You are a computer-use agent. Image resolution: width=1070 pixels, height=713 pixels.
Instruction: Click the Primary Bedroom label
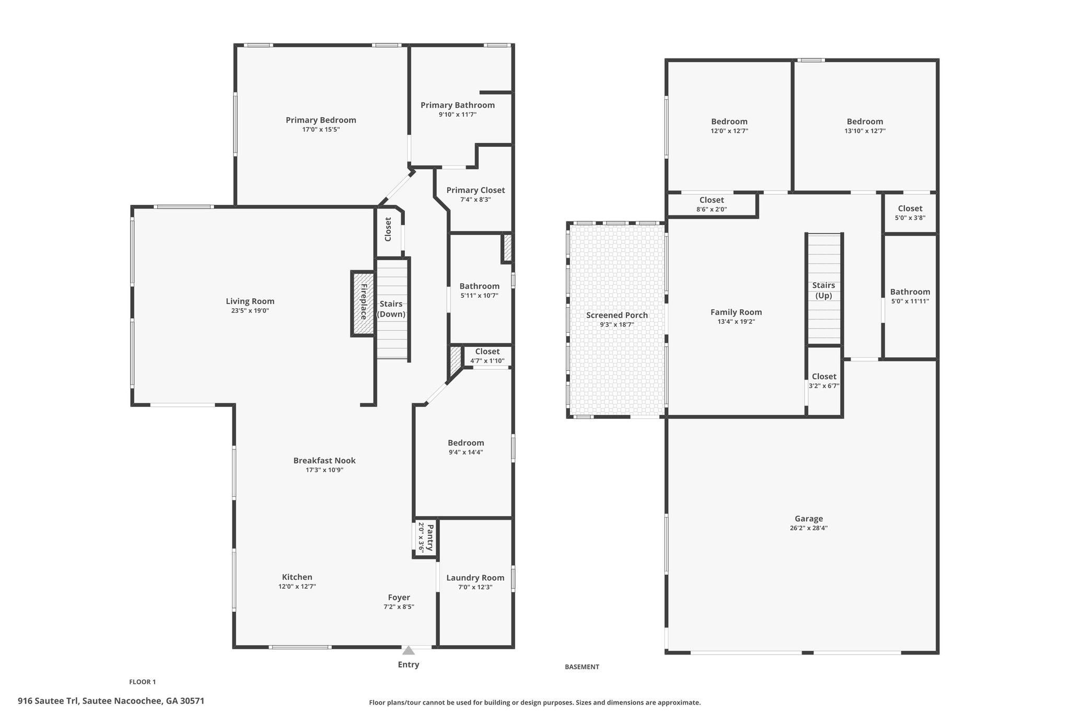point(321,120)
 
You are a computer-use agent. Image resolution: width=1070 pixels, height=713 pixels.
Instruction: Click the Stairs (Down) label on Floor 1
point(391,309)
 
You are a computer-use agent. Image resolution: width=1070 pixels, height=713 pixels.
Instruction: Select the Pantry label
point(430,538)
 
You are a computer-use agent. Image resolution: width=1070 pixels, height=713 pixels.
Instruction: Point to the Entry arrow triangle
point(409,650)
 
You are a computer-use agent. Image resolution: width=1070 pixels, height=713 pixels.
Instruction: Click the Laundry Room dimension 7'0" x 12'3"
point(475,587)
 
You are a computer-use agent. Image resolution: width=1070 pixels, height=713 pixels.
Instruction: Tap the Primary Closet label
point(475,190)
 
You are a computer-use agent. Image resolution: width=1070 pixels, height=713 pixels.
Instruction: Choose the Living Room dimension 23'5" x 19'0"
point(250,311)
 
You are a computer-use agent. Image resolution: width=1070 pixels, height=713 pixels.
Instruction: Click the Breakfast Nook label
point(324,461)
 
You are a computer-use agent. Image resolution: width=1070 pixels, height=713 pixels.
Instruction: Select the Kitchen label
point(297,577)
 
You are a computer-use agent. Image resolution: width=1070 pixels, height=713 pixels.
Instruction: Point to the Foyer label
point(399,598)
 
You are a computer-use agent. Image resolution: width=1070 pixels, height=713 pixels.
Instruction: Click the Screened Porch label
point(617,315)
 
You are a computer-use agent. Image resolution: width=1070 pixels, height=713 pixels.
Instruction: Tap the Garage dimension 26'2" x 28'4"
point(809,528)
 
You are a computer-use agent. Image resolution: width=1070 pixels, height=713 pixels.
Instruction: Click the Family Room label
point(736,312)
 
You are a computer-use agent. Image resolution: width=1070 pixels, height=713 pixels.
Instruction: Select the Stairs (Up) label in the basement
point(823,290)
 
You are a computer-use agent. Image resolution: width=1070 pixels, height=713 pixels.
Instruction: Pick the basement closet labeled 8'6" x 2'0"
point(712,204)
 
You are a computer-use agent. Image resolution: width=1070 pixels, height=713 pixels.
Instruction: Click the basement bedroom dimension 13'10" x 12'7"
point(865,131)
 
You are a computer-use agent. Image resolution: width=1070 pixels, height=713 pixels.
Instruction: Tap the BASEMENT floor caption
point(582,667)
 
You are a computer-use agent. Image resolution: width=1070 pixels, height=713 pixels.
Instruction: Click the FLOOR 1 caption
point(143,682)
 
